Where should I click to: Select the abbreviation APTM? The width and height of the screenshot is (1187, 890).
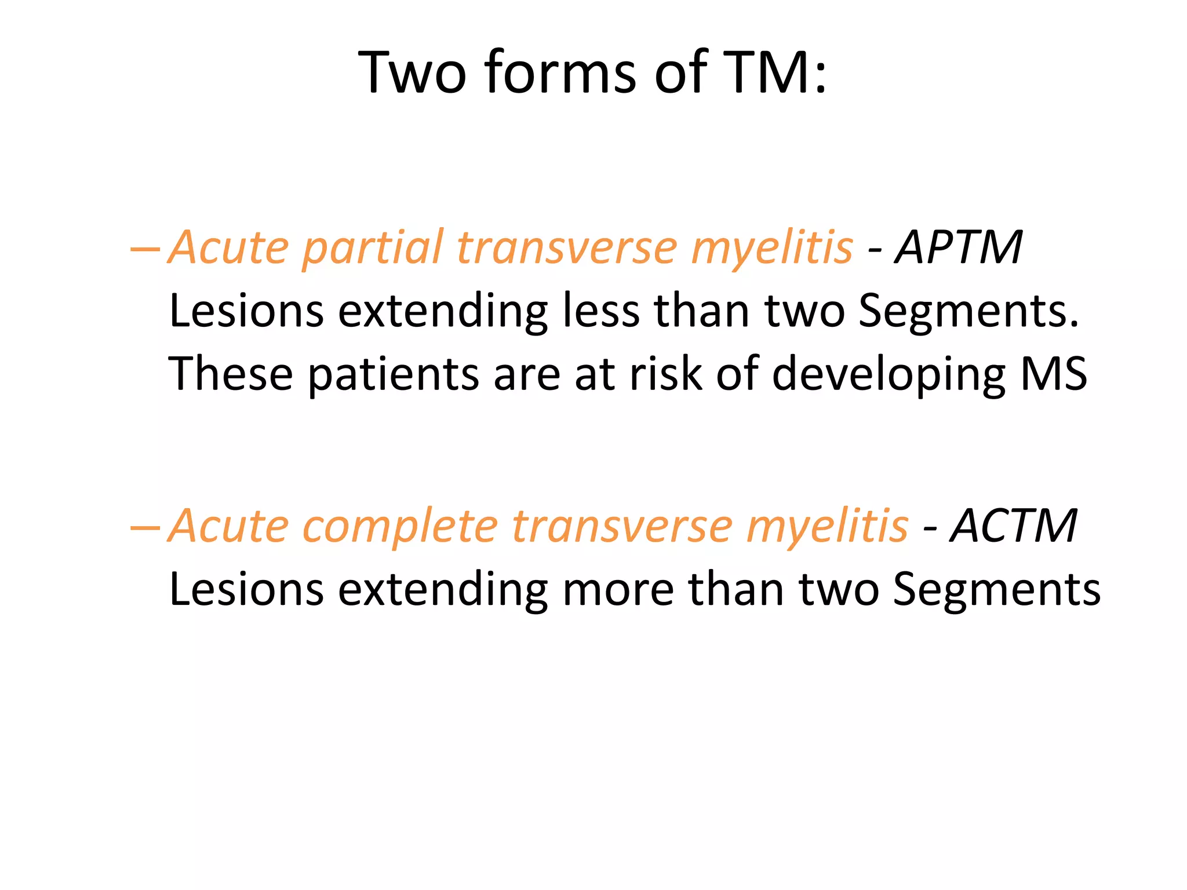[959, 247]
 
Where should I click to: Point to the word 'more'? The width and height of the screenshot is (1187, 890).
[618, 589]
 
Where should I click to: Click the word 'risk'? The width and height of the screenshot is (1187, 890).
[666, 374]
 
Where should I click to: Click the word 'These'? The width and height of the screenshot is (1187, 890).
[231, 374]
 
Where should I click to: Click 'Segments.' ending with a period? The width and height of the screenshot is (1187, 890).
[968, 312]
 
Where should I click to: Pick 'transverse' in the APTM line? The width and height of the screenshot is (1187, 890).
[566, 247]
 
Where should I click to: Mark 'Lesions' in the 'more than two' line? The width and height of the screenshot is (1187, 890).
[246, 589]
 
